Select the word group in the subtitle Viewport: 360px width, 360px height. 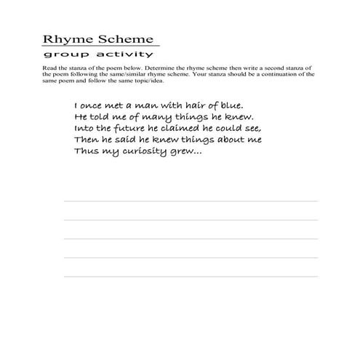(x=60, y=55)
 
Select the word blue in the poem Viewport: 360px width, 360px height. (x=231, y=105)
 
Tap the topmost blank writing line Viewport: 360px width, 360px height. (x=191, y=201)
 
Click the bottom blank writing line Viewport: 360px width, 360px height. (x=191, y=276)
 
